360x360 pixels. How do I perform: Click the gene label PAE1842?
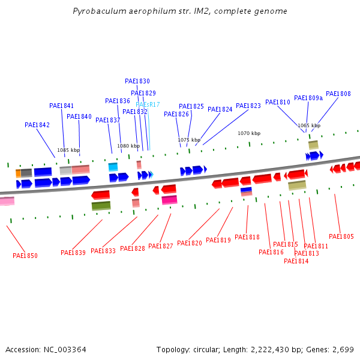pyautogui.click(x=37, y=125)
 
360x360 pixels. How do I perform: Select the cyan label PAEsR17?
pyautogui.click(x=148, y=104)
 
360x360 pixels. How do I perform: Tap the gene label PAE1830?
pyautogui.click(x=137, y=81)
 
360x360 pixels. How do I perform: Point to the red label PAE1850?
pyautogui.click(x=25, y=256)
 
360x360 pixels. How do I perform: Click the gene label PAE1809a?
pyautogui.click(x=308, y=98)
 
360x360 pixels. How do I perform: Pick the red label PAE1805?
pyautogui.click(x=341, y=236)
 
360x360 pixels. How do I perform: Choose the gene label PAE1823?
pyautogui.click(x=248, y=106)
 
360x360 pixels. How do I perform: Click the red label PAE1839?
pyautogui.click(x=73, y=253)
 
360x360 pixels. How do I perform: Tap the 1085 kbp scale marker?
pyautogui.click(x=68, y=150)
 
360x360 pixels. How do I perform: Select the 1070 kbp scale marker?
pyautogui.click(x=249, y=133)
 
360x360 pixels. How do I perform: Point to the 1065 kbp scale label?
pyautogui.click(x=309, y=125)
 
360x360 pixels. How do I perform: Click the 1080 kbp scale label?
pyautogui.click(x=128, y=146)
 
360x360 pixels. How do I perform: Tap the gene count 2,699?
pyautogui.click(x=343, y=349)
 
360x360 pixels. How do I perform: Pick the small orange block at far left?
pyautogui.click(x=18, y=173)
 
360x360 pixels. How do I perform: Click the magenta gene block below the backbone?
pyautogui.click(x=169, y=200)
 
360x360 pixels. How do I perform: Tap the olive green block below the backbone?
pyautogui.click(x=101, y=206)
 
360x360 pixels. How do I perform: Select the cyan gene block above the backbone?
pyautogui.click(x=113, y=167)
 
